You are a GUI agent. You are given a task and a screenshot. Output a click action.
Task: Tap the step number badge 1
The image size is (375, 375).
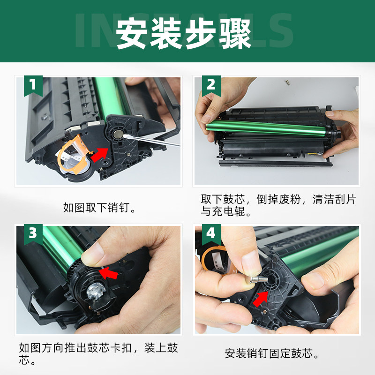(x=32, y=85)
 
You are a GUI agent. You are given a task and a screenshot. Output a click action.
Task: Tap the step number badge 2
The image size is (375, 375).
(x=211, y=85)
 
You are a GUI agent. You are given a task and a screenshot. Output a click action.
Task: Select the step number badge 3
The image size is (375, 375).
(x=32, y=233)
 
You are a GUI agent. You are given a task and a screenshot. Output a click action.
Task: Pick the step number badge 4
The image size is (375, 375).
(x=211, y=233)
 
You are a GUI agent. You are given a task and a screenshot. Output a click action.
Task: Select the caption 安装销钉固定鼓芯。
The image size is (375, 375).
(x=277, y=353)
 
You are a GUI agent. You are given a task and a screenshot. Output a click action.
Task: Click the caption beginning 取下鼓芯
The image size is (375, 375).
(x=278, y=205)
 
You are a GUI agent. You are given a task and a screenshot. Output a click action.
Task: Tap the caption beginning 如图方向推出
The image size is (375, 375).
(x=98, y=354)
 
